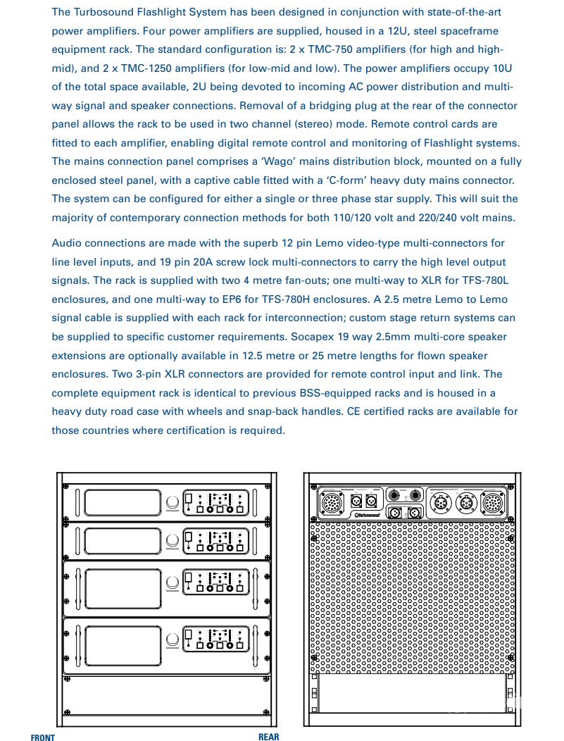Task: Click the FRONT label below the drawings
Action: click(x=42, y=737)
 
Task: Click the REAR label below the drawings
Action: click(x=268, y=737)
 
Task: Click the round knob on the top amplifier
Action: click(x=173, y=503)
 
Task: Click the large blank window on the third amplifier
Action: click(x=123, y=582)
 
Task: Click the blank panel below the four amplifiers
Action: click(x=166, y=698)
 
